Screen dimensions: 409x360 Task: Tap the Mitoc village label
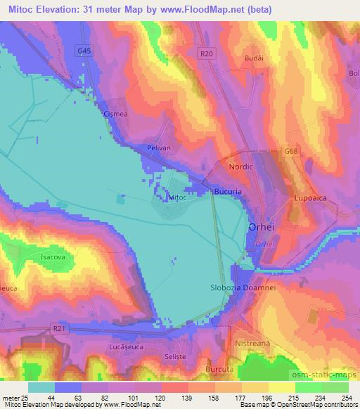(178, 198)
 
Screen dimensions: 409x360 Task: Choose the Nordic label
(240, 167)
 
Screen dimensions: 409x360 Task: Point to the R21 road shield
(60, 327)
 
